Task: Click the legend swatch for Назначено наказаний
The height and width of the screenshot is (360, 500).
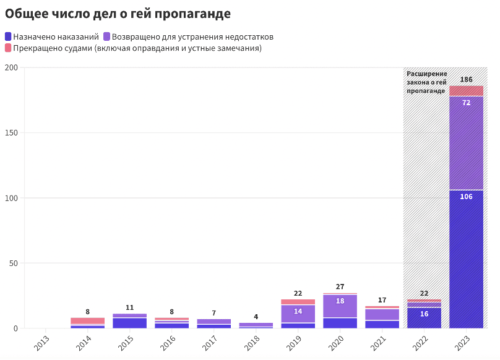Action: coord(8,36)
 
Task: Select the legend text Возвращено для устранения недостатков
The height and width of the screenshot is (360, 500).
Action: coord(192,36)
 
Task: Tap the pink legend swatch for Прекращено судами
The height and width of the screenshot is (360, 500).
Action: coord(8,48)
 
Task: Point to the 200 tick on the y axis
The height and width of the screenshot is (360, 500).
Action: coord(11,67)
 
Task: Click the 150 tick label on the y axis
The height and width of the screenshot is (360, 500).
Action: coord(11,133)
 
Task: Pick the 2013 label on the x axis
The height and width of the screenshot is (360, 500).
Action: coord(41,342)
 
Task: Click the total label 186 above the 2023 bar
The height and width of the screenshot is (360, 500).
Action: coord(466,80)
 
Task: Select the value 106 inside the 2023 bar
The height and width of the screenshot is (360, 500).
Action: coord(466,197)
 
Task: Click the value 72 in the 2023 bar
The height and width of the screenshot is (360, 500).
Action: coord(466,103)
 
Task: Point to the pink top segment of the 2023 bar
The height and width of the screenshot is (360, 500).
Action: coord(466,91)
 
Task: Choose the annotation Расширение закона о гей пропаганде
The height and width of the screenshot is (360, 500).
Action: coord(426,82)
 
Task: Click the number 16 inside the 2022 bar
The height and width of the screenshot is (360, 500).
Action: coord(424,314)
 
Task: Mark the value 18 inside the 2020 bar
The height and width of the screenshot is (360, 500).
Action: coord(340,301)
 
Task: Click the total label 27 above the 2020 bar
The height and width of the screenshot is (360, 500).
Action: coord(340,287)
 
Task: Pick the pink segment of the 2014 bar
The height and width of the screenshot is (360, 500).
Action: coord(87,320)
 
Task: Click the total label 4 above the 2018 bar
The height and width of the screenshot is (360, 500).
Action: coord(256,317)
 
